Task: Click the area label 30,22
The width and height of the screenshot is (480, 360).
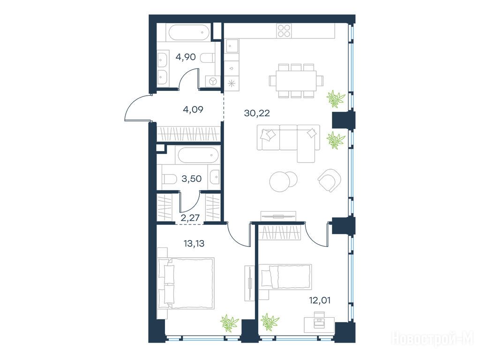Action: click(257, 113)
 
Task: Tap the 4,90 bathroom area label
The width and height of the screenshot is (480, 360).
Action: click(186, 57)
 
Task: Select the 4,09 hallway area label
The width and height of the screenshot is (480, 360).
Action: click(193, 109)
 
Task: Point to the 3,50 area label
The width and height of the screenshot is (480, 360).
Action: click(191, 179)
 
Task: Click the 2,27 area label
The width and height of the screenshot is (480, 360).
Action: click(190, 217)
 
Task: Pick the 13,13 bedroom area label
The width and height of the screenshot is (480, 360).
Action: click(194, 244)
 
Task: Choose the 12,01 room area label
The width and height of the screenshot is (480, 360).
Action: click(320, 300)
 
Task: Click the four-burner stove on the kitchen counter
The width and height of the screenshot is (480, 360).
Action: click(284, 31)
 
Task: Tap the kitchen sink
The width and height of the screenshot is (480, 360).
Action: click(232, 46)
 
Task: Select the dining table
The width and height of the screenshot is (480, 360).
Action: click(296, 81)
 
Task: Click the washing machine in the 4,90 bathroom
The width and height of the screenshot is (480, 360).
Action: click(213, 81)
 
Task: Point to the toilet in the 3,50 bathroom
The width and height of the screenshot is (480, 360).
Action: click(168, 179)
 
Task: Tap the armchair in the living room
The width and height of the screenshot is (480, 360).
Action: click(330, 180)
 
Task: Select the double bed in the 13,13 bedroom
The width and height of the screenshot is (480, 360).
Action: click(186, 283)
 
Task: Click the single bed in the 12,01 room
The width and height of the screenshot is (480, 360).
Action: click(285, 277)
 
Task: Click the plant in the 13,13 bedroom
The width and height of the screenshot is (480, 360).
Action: click(229, 322)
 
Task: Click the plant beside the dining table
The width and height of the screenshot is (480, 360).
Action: click(336, 98)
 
